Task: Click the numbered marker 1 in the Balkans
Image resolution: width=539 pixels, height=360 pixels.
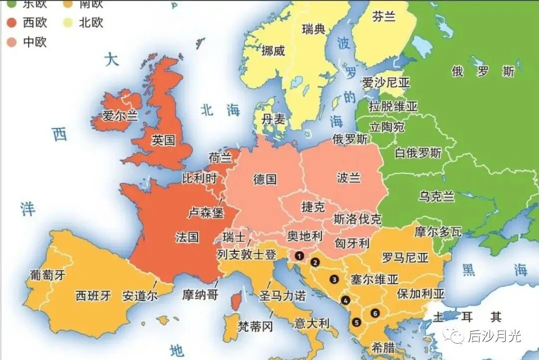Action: (299, 256)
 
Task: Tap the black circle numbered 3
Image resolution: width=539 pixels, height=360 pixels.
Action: (334, 280)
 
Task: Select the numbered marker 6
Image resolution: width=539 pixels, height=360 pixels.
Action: (375, 313)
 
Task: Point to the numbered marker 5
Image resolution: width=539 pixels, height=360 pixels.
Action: (356, 322)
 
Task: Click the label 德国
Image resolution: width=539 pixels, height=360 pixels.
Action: (265, 179)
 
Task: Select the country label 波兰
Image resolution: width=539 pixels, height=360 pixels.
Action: (348, 178)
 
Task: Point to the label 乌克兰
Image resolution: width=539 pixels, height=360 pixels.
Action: (437, 196)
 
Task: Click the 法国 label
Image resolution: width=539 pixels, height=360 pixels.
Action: (187, 237)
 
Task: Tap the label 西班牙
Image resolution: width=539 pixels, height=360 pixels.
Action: (93, 295)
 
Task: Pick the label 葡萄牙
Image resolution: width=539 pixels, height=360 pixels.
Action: (47, 275)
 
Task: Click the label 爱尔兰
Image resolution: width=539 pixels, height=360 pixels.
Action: (120, 116)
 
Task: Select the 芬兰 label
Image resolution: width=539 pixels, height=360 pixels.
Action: (384, 17)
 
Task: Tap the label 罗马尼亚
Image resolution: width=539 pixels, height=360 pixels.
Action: (405, 258)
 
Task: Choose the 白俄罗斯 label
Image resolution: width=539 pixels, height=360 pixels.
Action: (418, 153)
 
